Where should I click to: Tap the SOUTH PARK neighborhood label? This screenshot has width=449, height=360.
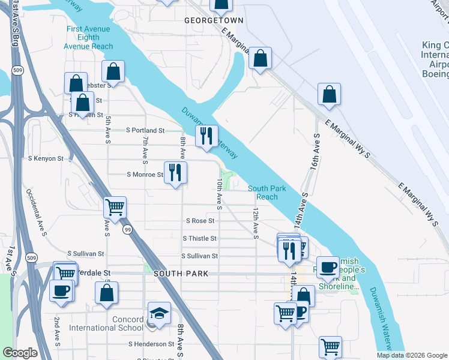(x=181, y=274)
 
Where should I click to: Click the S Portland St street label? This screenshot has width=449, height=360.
(x=145, y=130)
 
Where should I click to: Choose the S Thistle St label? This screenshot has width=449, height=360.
(x=199, y=239)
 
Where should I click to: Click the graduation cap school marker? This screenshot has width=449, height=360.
(x=159, y=313)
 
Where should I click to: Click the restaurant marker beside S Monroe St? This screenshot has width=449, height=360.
(x=175, y=173)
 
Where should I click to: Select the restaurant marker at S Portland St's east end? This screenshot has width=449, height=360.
(x=206, y=136)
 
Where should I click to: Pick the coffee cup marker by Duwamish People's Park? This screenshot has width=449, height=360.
(x=328, y=266)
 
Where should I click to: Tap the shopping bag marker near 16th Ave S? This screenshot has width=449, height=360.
(x=329, y=94)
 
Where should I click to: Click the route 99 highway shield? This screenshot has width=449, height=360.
(x=127, y=230)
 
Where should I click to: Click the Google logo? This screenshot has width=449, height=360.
(x=20, y=353)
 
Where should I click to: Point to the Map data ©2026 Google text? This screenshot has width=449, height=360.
(x=412, y=355)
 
